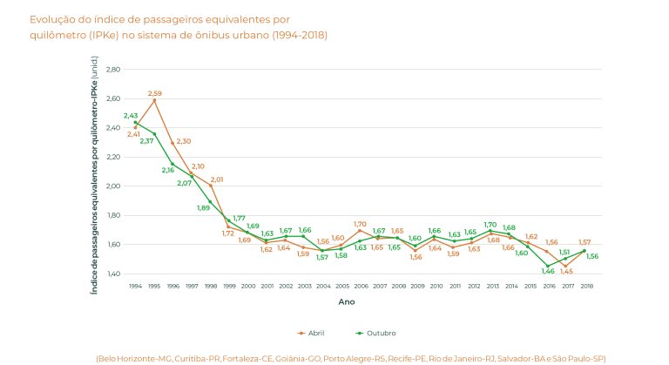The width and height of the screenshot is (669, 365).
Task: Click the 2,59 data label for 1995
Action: point(154,93)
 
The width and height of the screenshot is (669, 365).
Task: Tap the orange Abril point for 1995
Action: point(154,100)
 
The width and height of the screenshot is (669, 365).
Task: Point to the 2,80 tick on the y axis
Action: point(112,70)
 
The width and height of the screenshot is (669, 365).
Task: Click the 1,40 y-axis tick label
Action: point(112,274)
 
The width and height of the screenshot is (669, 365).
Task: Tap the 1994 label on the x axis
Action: point(135,286)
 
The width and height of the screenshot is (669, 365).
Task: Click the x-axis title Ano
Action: point(346,302)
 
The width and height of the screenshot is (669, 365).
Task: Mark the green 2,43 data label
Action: point(131,116)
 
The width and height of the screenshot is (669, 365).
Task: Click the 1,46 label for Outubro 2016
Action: point(548,271)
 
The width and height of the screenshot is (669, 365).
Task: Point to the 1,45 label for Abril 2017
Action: point(566,271)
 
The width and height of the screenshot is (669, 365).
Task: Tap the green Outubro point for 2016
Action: point(548,266)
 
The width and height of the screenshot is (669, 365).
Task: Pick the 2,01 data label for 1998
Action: point(217,179)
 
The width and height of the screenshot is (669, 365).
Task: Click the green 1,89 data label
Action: point(203,207)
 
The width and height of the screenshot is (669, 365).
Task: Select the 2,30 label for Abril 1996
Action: point(184,141)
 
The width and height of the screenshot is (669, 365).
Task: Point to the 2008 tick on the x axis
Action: point(398,286)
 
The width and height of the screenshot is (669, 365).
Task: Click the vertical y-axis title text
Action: point(94,172)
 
